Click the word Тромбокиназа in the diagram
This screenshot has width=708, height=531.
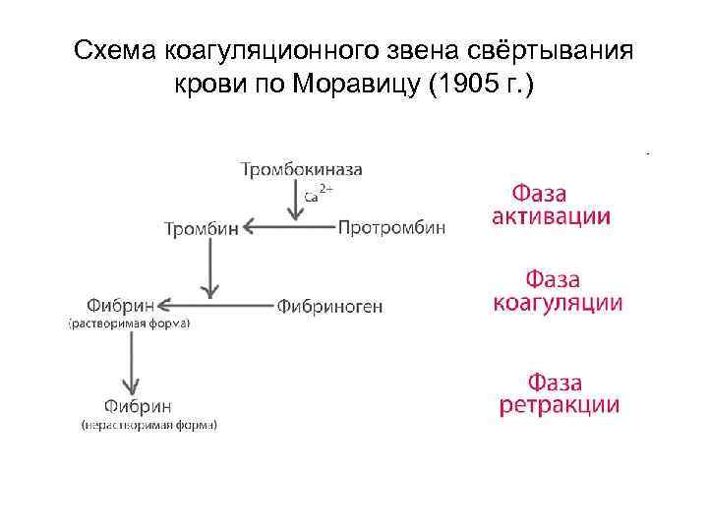click(x=301, y=169)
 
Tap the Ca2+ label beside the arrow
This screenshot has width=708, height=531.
click(x=318, y=195)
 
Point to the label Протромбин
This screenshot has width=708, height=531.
click(x=391, y=227)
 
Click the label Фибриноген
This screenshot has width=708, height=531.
click(x=329, y=306)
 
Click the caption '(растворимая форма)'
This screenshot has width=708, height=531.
click(x=128, y=323)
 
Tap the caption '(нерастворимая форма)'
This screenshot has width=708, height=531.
click(x=148, y=425)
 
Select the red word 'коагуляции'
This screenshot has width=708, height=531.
click(x=558, y=302)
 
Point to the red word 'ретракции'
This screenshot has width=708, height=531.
click(x=559, y=405)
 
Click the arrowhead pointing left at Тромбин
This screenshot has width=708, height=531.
click(x=249, y=228)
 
